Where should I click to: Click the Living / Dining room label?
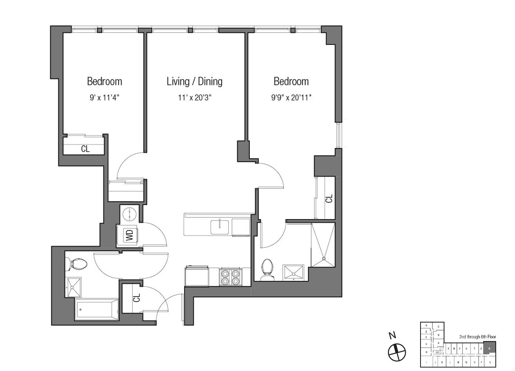click(x=195, y=82)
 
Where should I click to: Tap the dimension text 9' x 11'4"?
click(x=104, y=98)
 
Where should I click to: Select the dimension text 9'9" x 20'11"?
click(x=291, y=98)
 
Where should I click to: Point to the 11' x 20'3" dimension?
click(x=195, y=98)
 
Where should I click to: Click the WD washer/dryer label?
click(x=129, y=235)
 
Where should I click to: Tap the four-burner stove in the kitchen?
click(x=230, y=277)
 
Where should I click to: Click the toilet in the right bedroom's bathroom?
click(x=268, y=269)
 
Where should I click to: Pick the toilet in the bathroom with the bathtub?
click(x=77, y=264)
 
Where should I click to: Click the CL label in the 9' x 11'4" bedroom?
click(x=85, y=149)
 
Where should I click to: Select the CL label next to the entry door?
click(x=136, y=298)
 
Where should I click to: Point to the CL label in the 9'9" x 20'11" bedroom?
click(x=329, y=198)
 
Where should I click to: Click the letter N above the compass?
click(x=392, y=336)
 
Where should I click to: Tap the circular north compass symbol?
click(x=397, y=352)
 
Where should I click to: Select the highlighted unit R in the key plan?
click(x=489, y=348)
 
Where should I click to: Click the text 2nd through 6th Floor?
click(x=477, y=337)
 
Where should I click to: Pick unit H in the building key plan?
click(x=426, y=352)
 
